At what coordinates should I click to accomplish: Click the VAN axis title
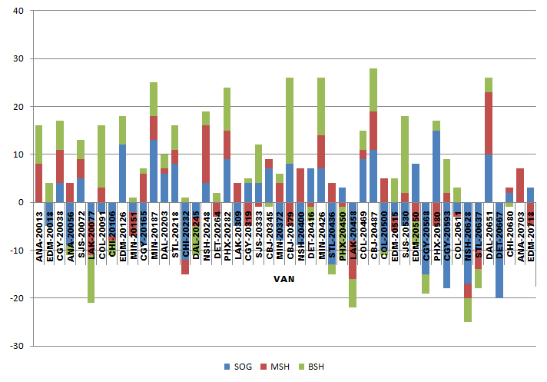pos(284,280)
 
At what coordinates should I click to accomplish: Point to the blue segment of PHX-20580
pos(436,166)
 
